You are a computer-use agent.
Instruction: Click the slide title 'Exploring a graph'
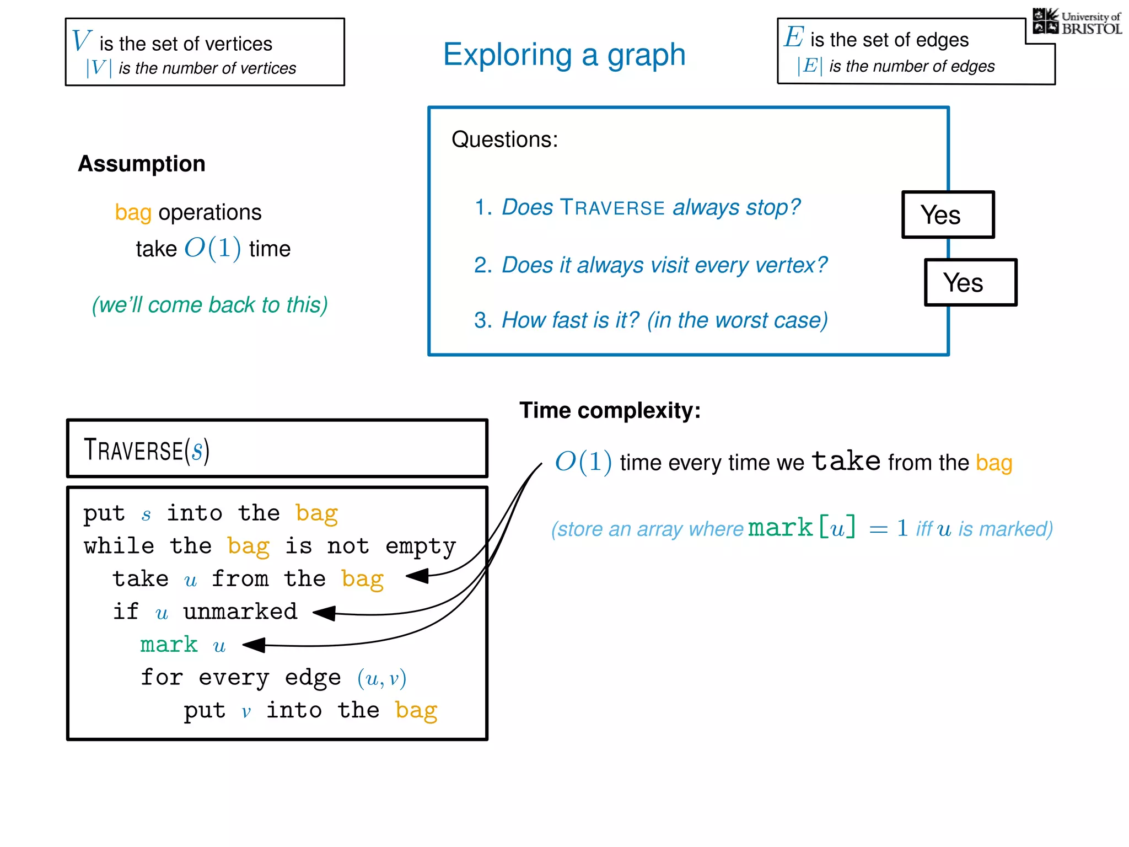564,55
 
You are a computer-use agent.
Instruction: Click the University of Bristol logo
1077,22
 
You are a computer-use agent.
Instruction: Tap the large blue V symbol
82,40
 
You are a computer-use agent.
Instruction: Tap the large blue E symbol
794,37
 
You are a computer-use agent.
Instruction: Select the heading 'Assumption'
142,164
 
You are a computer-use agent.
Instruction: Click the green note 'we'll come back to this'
209,305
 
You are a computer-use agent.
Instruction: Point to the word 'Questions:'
504,140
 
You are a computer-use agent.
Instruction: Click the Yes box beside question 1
948,215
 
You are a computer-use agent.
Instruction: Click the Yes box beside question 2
970,282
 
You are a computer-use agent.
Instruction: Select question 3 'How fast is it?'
650,320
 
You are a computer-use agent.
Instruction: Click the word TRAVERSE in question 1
612,208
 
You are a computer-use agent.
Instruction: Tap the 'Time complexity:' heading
610,411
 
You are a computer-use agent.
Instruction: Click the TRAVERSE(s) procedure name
147,450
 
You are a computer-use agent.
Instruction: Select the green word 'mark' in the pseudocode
169,645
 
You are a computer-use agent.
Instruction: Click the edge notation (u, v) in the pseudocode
381,678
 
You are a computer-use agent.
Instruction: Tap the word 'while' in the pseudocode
119,546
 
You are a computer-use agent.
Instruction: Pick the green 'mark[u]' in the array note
802,528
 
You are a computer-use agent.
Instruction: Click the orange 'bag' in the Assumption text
133,213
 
